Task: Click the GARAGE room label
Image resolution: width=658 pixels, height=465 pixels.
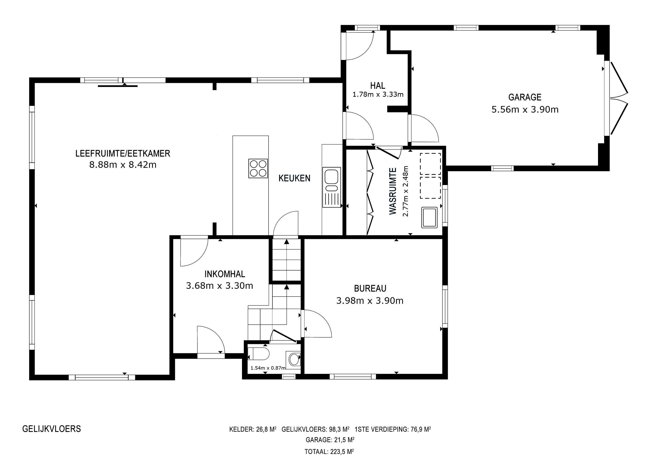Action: [x=525, y=97]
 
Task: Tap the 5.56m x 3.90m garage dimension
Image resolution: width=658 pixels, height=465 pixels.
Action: [x=525, y=109]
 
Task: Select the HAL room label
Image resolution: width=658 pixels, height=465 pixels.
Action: [x=378, y=86]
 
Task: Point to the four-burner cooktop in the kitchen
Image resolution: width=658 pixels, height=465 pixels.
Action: [x=258, y=169]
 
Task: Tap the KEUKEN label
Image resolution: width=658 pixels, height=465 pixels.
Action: [x=294, y=178]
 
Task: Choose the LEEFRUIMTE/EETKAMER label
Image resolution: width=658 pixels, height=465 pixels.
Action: [x=123, y=153]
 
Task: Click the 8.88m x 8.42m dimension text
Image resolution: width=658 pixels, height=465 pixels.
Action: [x=123, y=165]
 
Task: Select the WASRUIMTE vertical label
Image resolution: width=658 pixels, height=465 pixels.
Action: [x=393, y=191]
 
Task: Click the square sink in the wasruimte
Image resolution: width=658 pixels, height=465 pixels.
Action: [x=429, y=218]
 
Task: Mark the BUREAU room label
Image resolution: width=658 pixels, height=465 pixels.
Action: [x=370, y=288]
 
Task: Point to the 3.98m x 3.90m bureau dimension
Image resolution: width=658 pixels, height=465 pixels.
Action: [x=370, y=301]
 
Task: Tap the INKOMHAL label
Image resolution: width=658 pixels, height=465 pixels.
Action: [x=225, y=274]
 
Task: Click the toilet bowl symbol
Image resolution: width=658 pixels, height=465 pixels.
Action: [x=258, y=354]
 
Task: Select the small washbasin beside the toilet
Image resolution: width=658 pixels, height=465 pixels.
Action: [x=293, y=359]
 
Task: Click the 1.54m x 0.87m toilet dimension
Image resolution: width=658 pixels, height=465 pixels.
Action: [x=268, y=368]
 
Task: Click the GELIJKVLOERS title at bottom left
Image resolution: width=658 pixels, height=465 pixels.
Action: [x=52, y=429]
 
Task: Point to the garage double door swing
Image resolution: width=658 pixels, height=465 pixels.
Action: [x=619, y=98]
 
